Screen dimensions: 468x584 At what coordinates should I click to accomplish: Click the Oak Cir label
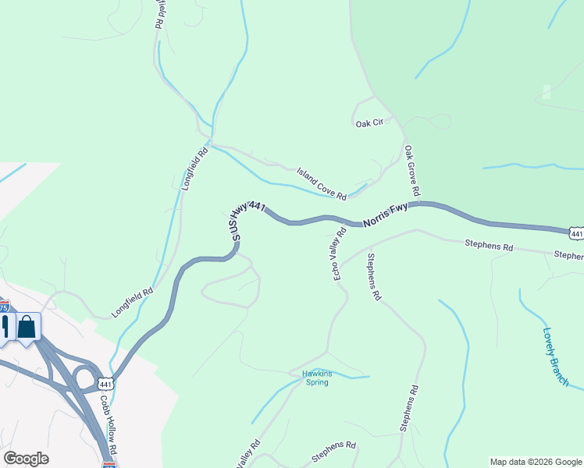click(x=370, y=123)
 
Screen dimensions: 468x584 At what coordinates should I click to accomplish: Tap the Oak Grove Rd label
click(x=411, y=170)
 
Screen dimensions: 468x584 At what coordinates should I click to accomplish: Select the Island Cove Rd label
click(x=321, y=183)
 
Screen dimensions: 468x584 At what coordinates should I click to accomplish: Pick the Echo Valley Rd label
click(x=340, y=253)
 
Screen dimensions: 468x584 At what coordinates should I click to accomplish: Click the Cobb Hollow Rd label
click(x=109, y=425)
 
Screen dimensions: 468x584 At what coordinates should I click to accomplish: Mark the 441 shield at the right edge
click(x=576, y=233)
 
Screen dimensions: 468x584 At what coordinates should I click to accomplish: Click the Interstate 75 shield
click(x=3, y=307)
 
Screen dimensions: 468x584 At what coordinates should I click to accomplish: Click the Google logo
click(x=26, y=459)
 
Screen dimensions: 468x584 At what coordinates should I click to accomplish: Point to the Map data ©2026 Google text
click(x=536, y=462)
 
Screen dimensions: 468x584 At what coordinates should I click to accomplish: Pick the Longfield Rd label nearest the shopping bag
click(x=132, y=302)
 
